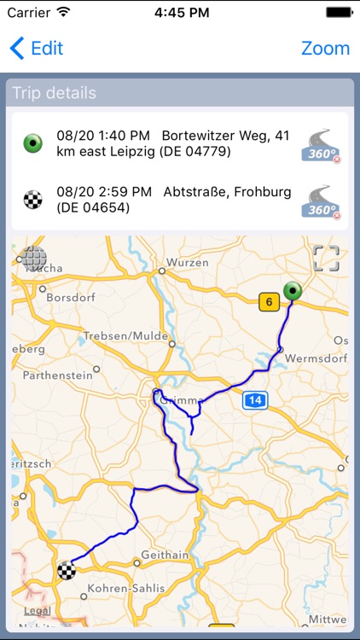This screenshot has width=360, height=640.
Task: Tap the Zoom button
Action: pyautogui.click(x=325, y=48)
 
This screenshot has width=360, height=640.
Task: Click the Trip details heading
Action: pyautogui.click(x=54, y=93)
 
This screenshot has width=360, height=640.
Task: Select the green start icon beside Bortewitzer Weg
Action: pyautogui.click(x=32, y=143)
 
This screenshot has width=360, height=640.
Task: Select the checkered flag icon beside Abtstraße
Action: pyautogui.click(x=32, y=200)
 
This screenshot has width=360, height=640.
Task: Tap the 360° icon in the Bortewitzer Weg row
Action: pyautogui.click(x=321, y=143)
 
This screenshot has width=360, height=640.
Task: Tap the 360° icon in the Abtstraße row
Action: pyautogui.click(x=321, y=201)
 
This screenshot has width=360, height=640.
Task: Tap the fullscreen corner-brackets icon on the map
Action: pyautogui.click(x=326, y=258)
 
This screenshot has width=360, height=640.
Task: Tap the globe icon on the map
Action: pyautogui.click(x=35, y=258)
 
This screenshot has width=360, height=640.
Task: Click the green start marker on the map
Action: pyautogui.click(x=293, y=291)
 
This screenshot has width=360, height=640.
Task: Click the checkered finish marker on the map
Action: pyautogui.click(x=66, y=570)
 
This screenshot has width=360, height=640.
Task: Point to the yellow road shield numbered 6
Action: pyautogui.click(x=269, y=300)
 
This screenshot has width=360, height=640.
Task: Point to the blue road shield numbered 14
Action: pyautogui.click(x=254, y=399)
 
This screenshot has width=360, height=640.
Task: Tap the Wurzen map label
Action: pyautogui.click(x=188, y=263)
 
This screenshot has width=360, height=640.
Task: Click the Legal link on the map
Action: pyautogui.click(x=38, y=610)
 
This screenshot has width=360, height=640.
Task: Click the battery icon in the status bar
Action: pyautogui.click(x=338, y=13)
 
